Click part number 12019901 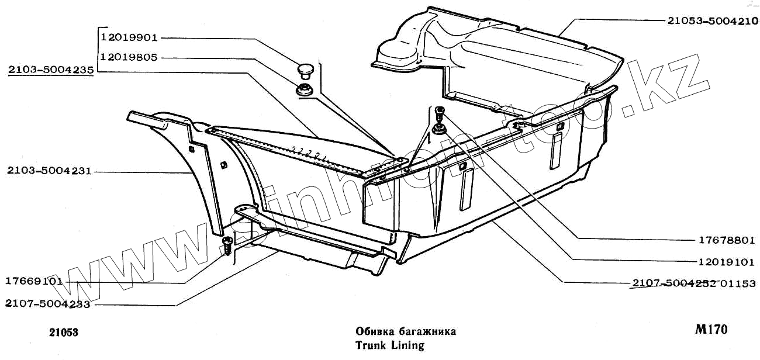click(x=129, y=39)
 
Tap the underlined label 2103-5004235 click(x=51, y=71)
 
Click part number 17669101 click(x=34, y=281)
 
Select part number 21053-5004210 click(x=713, y=20)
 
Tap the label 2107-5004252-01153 click(x=694, y=283)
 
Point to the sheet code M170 click(x=711, y=330)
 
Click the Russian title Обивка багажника click(x=405, y=332)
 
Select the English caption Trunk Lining click(x=389, y=345)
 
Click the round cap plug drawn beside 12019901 click(x=304, y=72)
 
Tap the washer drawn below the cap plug click(x=304, y=91)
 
